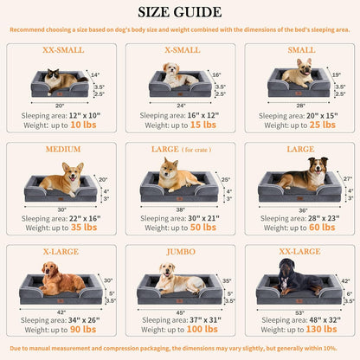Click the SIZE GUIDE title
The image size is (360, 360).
click(x=180, y=13)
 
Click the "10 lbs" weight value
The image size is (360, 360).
click(x=83, y=125)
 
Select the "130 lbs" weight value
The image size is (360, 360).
click(x=320, y=330)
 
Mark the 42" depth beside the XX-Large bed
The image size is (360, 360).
click(x=344, y=281)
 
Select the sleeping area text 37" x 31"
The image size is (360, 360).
click(x=202, y=318)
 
